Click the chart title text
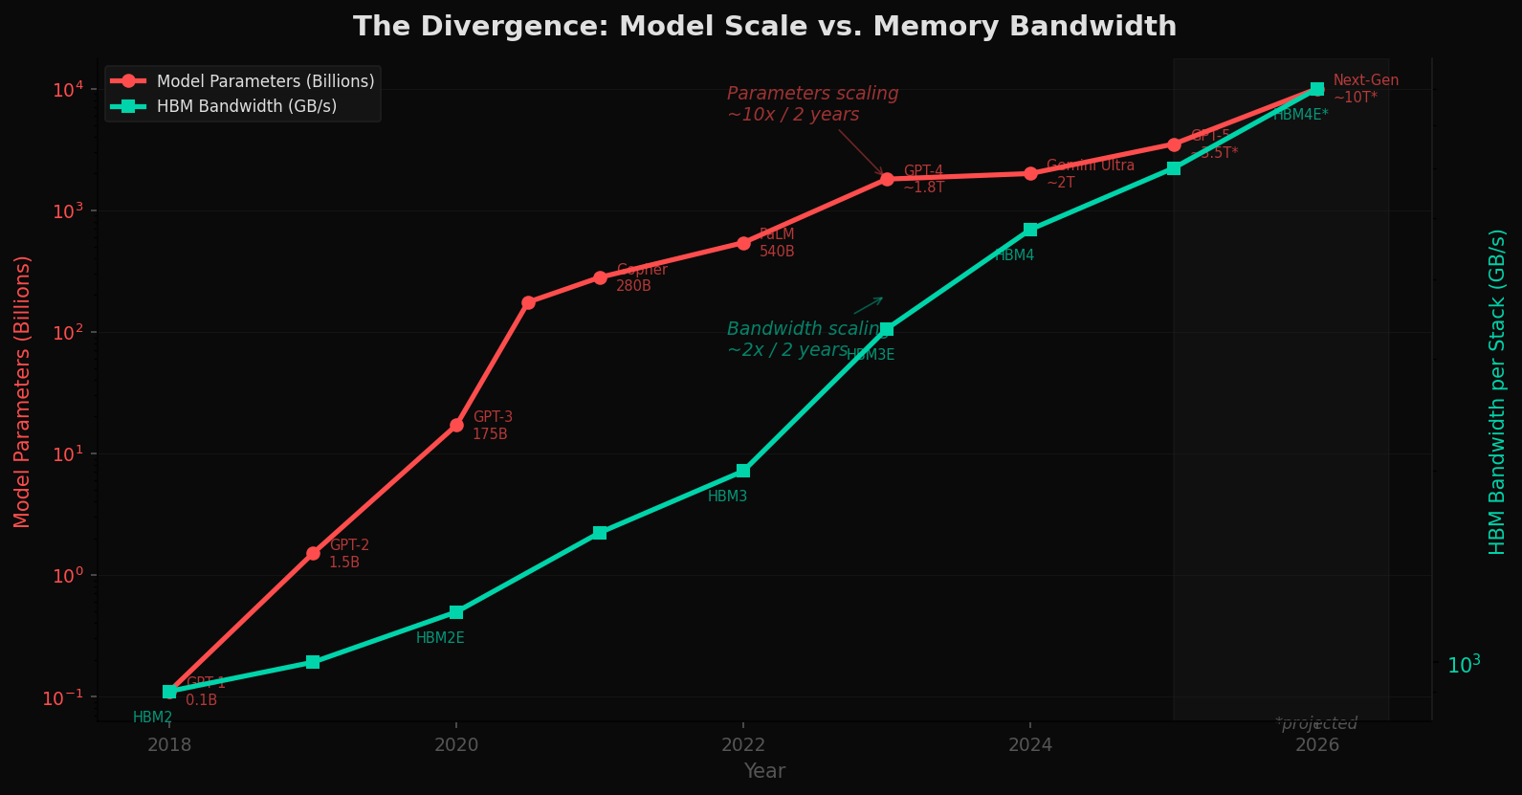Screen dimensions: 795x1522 click(764, 26)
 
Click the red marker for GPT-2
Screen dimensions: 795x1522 click(313, 553)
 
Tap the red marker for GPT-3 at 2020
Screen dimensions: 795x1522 click(456, 425)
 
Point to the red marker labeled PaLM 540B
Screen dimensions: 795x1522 click(743, 243)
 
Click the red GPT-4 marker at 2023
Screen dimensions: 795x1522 click(887, 179)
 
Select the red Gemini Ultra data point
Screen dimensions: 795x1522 click(1030, 173)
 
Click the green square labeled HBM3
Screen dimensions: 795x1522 click(743, 471)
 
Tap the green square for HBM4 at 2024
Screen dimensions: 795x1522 click(1030, 230)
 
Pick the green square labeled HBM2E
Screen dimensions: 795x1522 click(456, 612)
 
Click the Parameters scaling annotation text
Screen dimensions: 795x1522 click(812, 104)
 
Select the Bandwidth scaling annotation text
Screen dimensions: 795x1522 click(806, 340)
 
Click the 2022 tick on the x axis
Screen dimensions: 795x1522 click(743, 744)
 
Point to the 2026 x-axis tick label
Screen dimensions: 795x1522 click(1316, 744)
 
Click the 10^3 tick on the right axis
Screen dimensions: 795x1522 click(1464, 664)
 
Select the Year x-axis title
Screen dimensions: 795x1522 click(764, 771)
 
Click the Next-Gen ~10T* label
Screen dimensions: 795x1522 click(1365, 89)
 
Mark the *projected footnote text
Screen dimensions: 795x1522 click(1316, 723)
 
